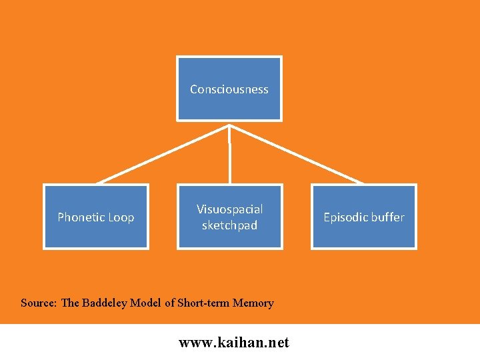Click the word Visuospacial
tap(229, 209)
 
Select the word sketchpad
tap(229, 225)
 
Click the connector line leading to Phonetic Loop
tap(163, 154)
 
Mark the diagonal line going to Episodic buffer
tap(297, 154)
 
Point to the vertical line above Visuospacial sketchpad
tap(229, 160)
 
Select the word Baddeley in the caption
tap(105, 303)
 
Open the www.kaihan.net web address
tap(234, 343)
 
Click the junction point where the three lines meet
tap(229, 125)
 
